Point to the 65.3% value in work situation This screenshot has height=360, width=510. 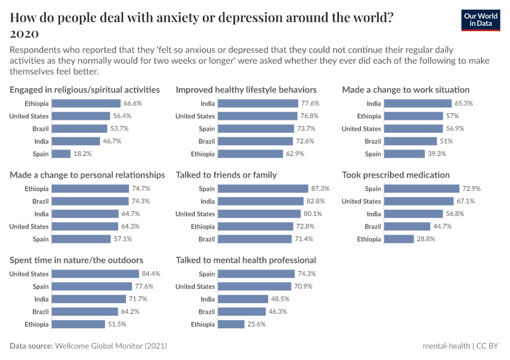pos(464,103)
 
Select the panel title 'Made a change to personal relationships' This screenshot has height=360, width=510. pos(87,175)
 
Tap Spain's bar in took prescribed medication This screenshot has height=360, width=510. pos(421,188)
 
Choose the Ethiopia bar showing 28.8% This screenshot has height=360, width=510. pos(398,239)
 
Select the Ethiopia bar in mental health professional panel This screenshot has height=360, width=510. pos(231,324)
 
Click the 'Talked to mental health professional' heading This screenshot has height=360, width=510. pos(246,260)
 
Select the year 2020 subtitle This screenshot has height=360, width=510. pos(25,32)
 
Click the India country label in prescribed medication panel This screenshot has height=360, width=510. pos(373,214)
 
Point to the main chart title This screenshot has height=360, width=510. pos(202,17)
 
